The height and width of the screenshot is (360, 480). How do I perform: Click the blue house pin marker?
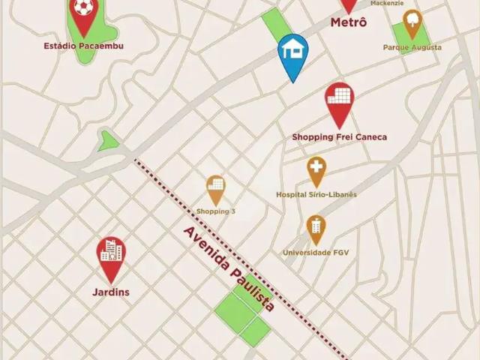coord(292,52)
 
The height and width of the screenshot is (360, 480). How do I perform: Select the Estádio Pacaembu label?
coord(84,46)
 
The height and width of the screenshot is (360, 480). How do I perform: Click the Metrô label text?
coord(349,23)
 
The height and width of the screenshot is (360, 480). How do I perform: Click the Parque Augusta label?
coord(412,47)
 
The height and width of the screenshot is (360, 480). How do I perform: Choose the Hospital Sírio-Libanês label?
coord(316,194)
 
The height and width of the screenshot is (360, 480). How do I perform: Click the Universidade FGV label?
coord(316,252)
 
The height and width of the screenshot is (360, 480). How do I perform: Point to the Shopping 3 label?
coord(216,211)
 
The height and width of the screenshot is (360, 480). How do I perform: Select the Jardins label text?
coord(112,292)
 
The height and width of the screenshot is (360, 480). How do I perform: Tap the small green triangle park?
coord(109,140)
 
